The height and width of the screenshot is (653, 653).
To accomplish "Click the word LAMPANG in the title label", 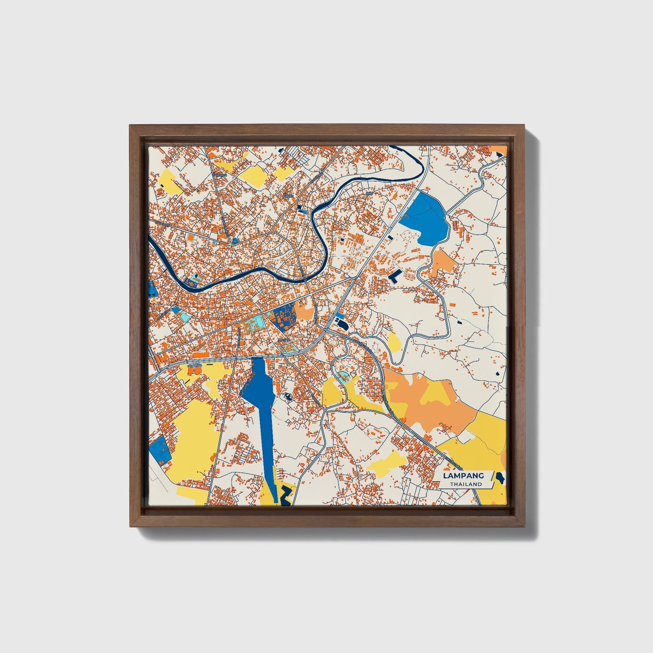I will pos(463,475).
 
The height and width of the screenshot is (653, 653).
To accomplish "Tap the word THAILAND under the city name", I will pos(465,484).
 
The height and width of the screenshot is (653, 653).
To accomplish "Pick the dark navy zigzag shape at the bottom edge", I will pos(285,497).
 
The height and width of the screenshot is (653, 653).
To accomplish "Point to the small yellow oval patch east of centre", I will pos(394,343).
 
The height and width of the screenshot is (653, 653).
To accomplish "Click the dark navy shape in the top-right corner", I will pos(499,154).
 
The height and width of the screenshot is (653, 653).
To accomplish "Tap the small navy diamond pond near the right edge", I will pos(499,373).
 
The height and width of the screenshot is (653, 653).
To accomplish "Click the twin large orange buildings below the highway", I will pos(193,370).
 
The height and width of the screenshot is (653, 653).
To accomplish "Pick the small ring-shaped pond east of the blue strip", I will pos(287,397).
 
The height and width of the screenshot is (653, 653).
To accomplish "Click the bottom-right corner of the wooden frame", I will pos(525,526).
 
